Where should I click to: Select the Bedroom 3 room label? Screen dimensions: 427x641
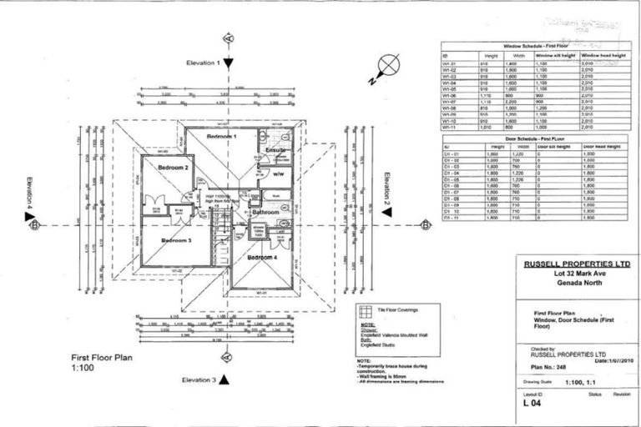click(x=176, y=240)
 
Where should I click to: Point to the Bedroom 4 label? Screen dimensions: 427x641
click(x=263, y=258)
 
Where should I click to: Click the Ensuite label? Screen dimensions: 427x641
click(x=276, y=150)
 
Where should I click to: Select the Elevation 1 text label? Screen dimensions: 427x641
click(x=202, y=63)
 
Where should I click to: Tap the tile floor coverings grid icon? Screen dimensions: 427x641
click(x=364, y=312)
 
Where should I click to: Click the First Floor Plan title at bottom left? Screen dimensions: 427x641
click(x=108, y=356)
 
